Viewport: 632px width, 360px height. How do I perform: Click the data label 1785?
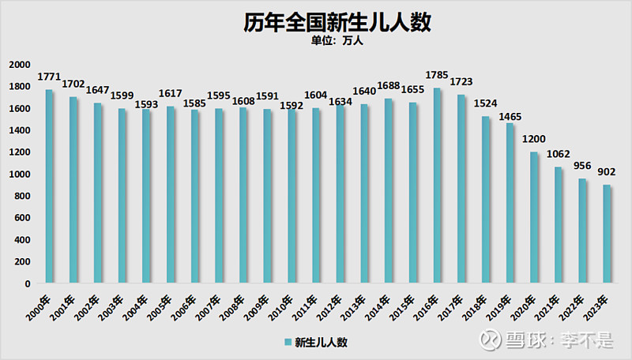point(437,77)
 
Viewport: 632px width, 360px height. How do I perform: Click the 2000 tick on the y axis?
point(20,65)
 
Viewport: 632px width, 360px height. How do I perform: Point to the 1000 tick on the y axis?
point(20,174)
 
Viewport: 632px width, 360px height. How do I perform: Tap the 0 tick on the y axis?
point(27,283)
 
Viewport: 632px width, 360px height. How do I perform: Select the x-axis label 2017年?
point(450,306)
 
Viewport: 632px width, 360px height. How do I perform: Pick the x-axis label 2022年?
point(571,306)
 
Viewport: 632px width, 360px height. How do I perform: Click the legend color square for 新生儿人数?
point(288,343)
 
